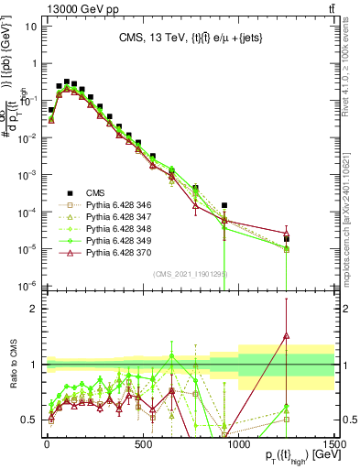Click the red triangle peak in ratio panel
click(287, 335)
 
